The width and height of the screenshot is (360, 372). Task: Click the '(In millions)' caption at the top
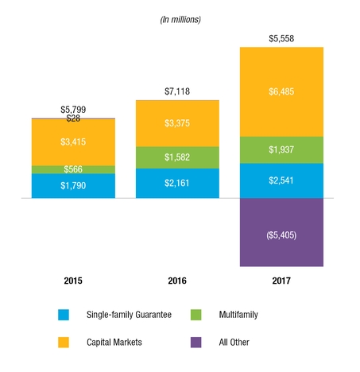click(180, 18)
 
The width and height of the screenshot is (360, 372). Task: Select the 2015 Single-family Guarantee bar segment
click(73, 186)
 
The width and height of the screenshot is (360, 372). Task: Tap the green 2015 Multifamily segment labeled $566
click(73, 169)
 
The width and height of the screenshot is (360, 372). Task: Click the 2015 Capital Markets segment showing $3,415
click(73, 141)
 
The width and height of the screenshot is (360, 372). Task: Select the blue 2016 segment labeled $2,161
click(178, 184)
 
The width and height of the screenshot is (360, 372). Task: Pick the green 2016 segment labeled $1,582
click(178, 157)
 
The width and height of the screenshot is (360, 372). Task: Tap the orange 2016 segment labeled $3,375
click(178, 122)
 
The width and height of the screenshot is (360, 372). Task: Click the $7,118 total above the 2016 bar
click(178, 92)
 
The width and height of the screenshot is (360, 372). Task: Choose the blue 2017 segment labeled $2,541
click(281, 180)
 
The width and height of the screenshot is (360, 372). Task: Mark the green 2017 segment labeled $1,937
click(281, 150)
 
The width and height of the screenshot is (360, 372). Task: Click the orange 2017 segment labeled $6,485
click(281, 92)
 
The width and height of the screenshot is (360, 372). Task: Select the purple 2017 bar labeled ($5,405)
click(281, 233)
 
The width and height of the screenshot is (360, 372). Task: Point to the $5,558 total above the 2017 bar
click(281, 38)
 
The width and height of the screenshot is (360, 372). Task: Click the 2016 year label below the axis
click(178, 281)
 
